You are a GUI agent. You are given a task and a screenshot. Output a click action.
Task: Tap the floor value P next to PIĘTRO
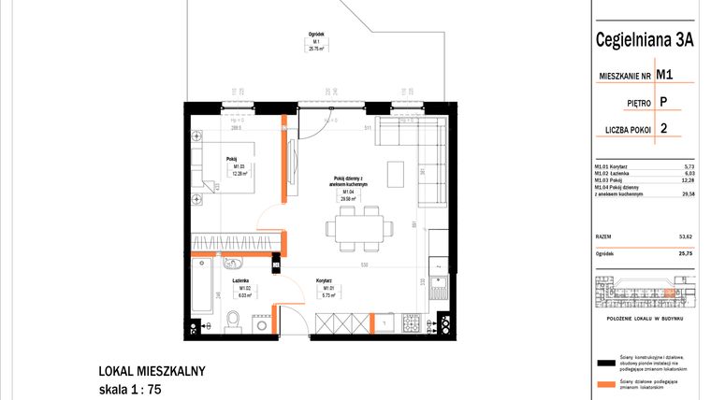coord(663,102)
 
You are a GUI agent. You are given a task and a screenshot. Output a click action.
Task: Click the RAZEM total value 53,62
coord(685,237)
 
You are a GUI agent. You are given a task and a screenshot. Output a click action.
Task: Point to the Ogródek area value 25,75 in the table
coord(685,252)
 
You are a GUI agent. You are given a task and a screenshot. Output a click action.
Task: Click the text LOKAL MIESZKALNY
coord(152,371)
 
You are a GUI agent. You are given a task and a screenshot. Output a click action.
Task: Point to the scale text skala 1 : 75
coord(136,390)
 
